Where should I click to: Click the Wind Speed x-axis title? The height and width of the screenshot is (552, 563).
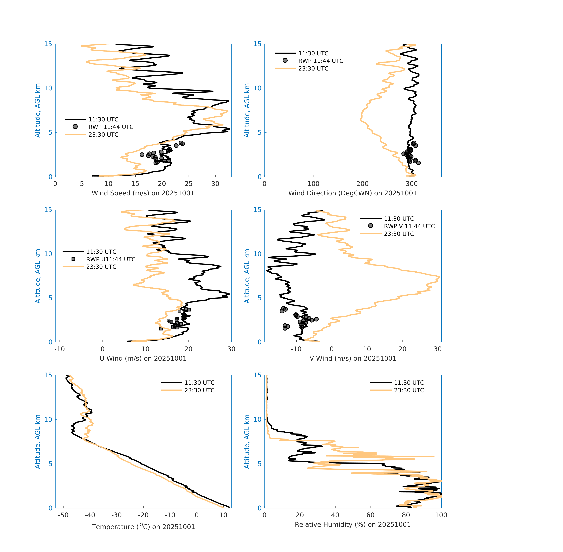tap(143, 193)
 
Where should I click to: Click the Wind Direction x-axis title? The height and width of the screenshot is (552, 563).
tap(353, 193)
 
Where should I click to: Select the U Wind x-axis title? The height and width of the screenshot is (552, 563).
tap(143, 358)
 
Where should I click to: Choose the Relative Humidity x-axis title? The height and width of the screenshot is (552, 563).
tap(353, 524)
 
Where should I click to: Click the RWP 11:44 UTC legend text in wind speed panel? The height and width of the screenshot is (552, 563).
tap(111, 127)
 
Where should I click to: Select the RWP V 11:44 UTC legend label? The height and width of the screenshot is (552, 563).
tap(409, 226)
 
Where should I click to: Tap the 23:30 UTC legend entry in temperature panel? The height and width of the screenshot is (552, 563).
tap(199, 390)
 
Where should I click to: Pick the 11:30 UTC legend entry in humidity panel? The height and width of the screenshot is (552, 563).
tap(409, 383)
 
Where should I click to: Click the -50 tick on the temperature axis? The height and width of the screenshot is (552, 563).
tap(63, 515)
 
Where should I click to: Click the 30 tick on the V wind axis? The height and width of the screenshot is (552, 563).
tap(437, 349)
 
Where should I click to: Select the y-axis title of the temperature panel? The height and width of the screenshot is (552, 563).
tap(37, 442)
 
